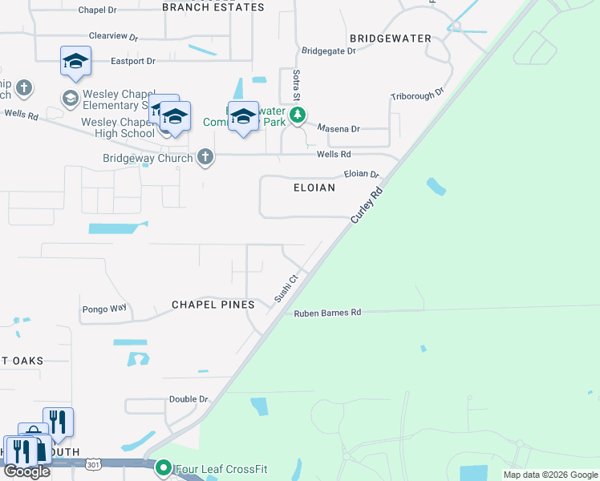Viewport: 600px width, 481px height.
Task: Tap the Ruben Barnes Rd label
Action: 327,313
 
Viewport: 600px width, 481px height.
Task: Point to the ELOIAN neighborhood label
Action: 314,187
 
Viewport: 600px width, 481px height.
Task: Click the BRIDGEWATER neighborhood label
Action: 391,38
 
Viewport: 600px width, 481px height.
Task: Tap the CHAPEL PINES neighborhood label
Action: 213,305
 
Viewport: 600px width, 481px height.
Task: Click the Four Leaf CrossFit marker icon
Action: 164,467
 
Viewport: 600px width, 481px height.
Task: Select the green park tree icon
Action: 298,115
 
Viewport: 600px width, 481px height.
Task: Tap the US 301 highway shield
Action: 94,463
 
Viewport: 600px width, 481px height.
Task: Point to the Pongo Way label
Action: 104,308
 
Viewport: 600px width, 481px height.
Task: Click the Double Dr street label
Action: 189,398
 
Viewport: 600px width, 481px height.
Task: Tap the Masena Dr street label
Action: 339,128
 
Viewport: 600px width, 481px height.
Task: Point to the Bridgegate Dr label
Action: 328,51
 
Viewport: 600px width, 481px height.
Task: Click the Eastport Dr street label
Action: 132,60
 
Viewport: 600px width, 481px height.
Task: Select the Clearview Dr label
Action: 113,36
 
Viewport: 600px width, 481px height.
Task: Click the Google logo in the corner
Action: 27,471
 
